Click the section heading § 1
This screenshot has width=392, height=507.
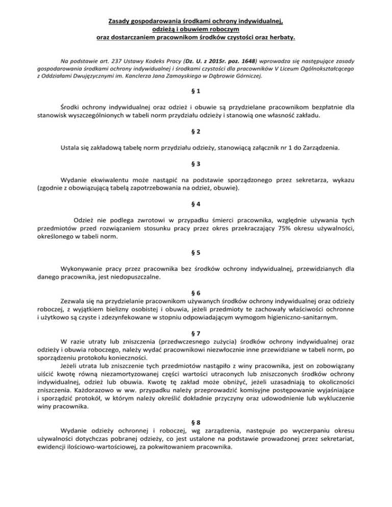point(196,91)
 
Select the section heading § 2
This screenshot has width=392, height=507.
point(196,134)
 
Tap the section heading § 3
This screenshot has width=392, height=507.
point(196,165)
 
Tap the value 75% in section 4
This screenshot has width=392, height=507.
point(304,222)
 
